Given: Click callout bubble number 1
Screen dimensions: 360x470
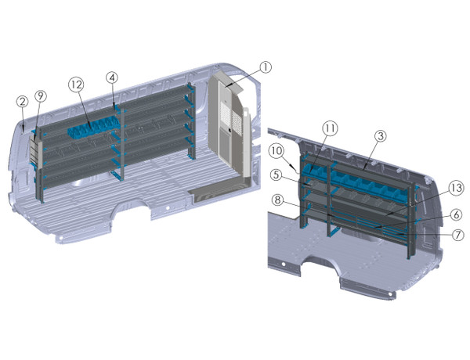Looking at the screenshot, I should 266,67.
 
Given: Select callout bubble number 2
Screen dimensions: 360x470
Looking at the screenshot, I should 23,101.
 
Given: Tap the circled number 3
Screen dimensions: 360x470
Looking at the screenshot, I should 380,136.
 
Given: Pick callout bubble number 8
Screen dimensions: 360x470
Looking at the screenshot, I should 278,200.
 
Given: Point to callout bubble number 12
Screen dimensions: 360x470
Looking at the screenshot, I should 76,83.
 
